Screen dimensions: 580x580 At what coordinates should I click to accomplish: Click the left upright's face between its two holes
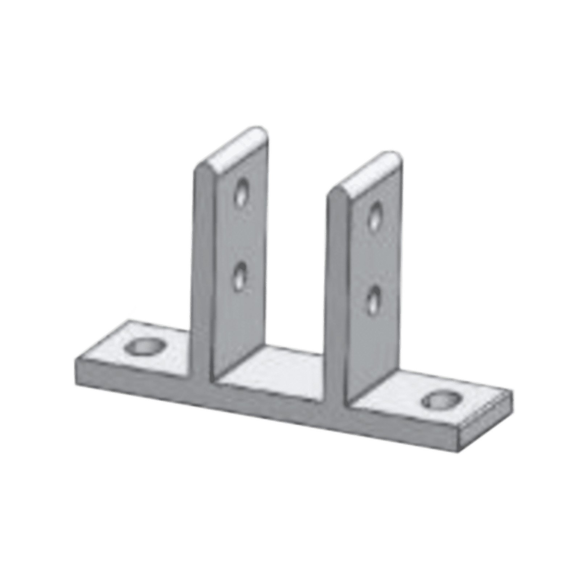click(x=240, y=234)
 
